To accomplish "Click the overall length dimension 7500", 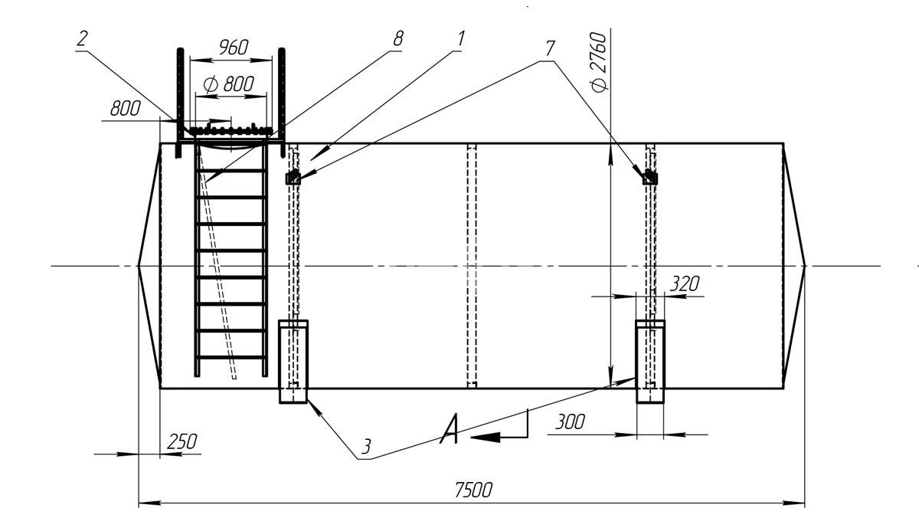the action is pos(473,490).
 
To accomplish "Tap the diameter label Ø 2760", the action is pos(598,62).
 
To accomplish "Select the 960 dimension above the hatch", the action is pos(233,48).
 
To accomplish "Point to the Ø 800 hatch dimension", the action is pos(229,84).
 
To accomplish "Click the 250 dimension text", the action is pos(182,442).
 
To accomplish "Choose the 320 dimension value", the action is pos(685,284).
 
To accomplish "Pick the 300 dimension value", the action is pos(570,422).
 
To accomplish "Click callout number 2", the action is pos(82,39).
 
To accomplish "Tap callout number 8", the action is pos(398,39).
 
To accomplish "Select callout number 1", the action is pos(461,39).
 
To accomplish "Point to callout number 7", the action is pos(550,48).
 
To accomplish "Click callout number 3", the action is pos(366,447).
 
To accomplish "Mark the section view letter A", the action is pos(449,429).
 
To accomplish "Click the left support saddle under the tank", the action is pos(293,362).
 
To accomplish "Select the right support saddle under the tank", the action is pos(650,362).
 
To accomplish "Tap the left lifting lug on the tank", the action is pos(293,177).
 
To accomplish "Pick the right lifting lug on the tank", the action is pos(650,177).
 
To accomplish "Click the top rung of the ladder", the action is pos(231,171).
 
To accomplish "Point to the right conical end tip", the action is pos(806,266).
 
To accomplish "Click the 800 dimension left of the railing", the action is pos(125,109).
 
